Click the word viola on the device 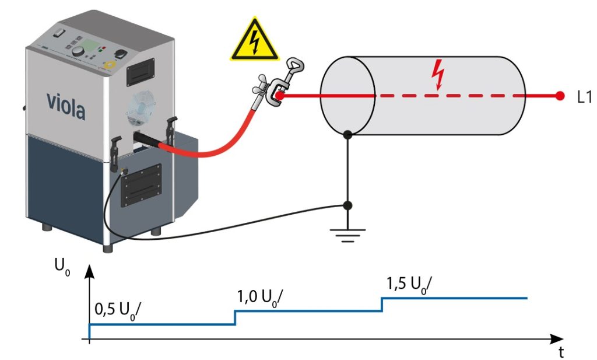(x=65, y=107)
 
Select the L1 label (x=585, y=97)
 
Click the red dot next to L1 (x=560, y=96)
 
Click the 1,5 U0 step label (x=409, y=284)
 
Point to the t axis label (x=561, y=352)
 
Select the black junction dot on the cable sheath (x=347, y=135)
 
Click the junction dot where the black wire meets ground (x=347, y=205)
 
